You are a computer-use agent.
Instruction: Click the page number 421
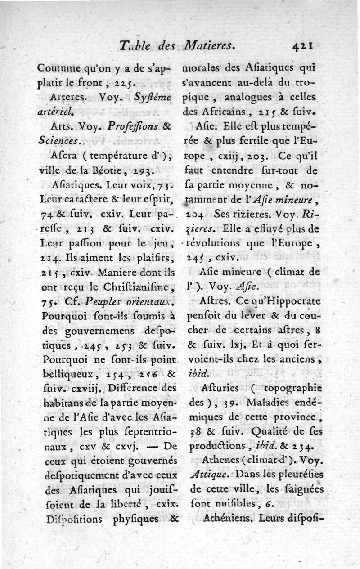click(302, 45)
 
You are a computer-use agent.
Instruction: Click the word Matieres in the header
click(210, 45)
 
